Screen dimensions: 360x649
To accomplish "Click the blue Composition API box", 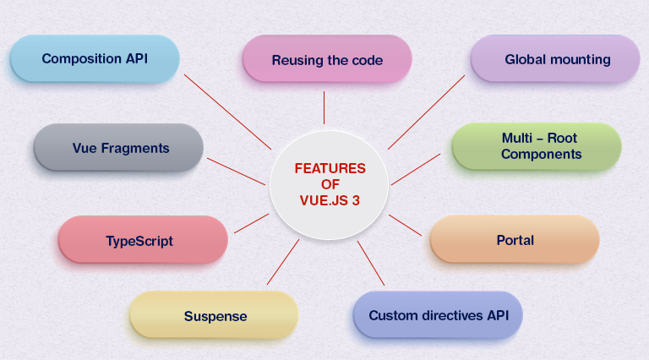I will click(95, 59).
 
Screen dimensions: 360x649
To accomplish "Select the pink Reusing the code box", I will click(327, 61).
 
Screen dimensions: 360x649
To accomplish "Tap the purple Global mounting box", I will click(555, 60).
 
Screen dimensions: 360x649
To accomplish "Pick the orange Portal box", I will click(515, 240).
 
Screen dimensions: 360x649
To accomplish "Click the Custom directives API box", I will click(437, 316).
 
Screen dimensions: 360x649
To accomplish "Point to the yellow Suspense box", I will click(215, 316).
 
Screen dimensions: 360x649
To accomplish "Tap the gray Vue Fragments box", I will click(118, 149).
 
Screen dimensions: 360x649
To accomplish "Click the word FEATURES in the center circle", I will click(330, 169).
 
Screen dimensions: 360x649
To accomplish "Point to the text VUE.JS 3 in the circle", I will click(330, 201).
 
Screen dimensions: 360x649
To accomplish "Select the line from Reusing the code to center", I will click(324, 108).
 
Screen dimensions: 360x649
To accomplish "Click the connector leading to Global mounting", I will click(427, 112).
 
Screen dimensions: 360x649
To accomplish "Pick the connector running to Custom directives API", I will click(371, 263).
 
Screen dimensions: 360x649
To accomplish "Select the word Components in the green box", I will click(541, 155).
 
